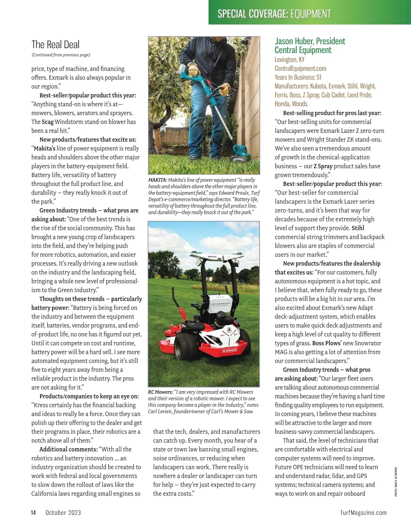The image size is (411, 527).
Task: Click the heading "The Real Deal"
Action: point(55,45)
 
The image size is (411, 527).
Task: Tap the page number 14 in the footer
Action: point(34,513)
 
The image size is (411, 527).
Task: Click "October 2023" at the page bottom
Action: point(63,513)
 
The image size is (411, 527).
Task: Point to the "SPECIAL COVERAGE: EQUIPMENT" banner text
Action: point(274,14)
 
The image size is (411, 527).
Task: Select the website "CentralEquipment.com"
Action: point(300,69)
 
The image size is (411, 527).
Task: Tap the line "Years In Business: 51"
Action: point(298,77)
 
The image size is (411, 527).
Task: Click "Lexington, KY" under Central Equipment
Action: point(289,60)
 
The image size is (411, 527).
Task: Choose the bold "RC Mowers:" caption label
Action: point(160,392)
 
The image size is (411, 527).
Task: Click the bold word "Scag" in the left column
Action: point(48,122)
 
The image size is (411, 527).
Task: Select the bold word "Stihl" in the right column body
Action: point(358,228)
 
